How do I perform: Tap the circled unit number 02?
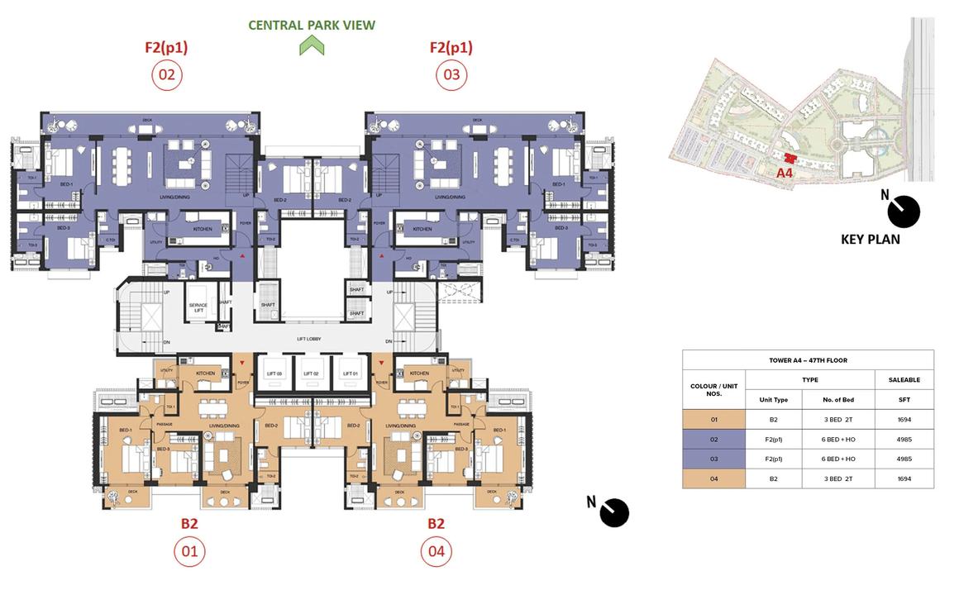pyautogui.click(x=166, y=75)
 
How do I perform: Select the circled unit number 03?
pyautogui.click(x=451, y=75)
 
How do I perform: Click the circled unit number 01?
pyautogui.click(x=189, y=551)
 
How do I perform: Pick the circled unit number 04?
pyautogui.click(x=436, y=551)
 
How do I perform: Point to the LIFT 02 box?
pyautogui.click(x=311, y=373)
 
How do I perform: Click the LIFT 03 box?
pyautogui.click(x=274, y=373)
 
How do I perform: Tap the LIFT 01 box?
pyautogui.click(x=348, y=373)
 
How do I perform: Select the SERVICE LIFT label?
pyautogui.click(x=198, y=307)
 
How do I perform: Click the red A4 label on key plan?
pyautogui.click(x=785, y=174)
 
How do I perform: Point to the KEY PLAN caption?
pyautogui.click(x=870, y=240)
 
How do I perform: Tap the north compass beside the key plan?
pyautogui.click(x=904, y=212)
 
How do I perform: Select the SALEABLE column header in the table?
pyautogui.click(x=904, y=380)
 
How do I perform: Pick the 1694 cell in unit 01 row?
pyautogui.click(x=904, y=419)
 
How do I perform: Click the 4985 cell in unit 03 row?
pyautogui.click(x=904, y=459)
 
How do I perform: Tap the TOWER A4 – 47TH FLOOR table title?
pyautogui.click(x=808, y=360)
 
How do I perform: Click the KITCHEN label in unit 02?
pyautogui.click(x=203, y=229)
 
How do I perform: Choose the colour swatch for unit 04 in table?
pyautogui.click(x=713, y=478)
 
